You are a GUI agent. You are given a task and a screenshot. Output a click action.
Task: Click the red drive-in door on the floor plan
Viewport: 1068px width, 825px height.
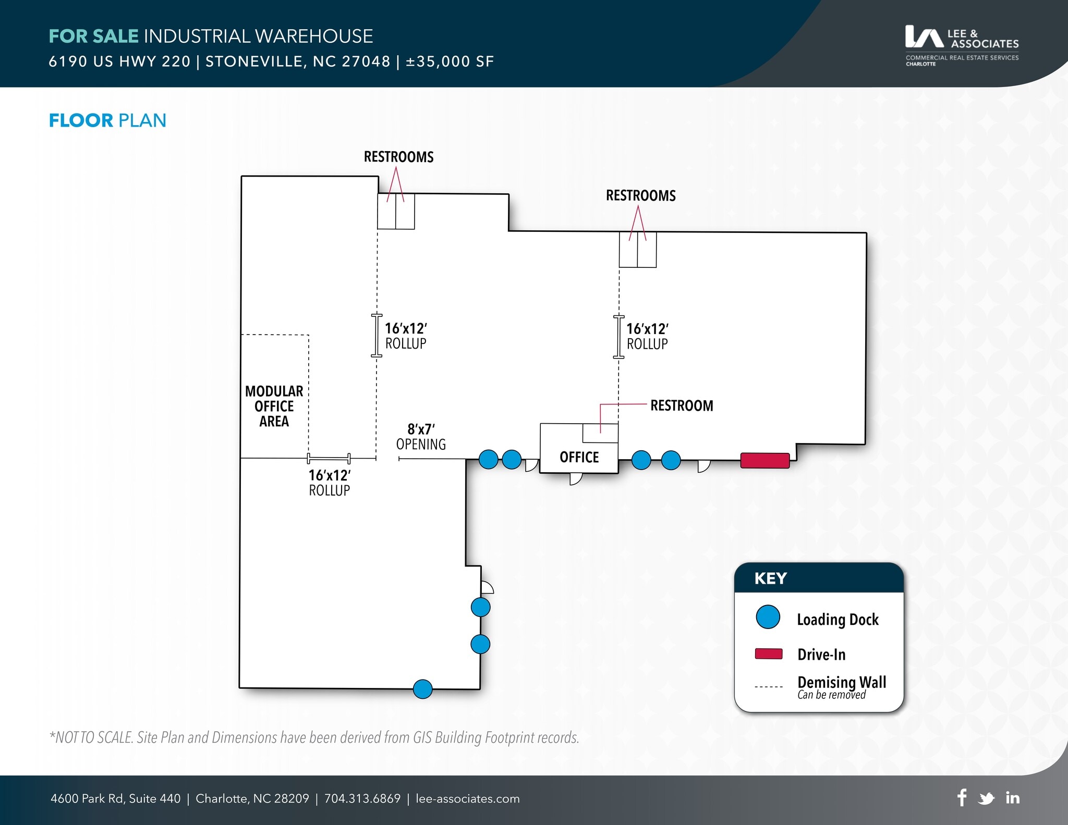tap(764, 461)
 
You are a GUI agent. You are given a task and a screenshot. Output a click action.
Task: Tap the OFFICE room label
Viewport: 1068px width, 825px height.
tap(579, 457)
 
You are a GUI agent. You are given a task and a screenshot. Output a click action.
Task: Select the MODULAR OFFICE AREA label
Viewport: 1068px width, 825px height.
tap(274, 406)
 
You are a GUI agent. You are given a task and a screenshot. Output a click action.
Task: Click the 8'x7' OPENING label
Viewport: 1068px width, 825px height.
tap(421, 437)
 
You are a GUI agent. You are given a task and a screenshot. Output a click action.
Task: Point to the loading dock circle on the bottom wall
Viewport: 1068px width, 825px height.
tap(422, 689)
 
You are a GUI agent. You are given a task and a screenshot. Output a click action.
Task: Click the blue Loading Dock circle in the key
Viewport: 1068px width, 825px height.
tap(768, 617)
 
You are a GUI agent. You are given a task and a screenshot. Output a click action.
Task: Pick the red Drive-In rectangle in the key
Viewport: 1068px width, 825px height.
tap(768, 654)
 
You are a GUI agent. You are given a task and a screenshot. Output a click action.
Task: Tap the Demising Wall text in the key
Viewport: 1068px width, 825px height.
tap(841, 682)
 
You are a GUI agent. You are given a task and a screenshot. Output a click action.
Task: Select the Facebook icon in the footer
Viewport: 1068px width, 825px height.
tap(962, 797)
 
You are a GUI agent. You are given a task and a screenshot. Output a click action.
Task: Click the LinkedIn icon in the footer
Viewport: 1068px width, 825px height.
tap(1012, 798)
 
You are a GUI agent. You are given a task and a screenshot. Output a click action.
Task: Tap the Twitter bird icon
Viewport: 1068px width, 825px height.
tap(986, 798)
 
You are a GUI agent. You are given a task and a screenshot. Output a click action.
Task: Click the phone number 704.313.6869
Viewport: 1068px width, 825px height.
tap(362, 798)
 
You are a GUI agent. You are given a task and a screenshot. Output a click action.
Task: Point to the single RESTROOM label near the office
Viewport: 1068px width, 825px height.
tap(681, 405)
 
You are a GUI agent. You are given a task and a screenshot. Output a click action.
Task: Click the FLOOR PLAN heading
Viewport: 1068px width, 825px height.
tap(107, 120)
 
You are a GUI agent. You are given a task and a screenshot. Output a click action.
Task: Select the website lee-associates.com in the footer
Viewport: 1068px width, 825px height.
tap(467, 798)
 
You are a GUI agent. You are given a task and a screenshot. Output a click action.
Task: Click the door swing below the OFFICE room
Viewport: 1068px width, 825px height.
tap(575, 478)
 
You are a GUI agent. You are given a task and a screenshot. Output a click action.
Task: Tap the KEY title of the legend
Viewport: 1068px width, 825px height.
tap(770, 578)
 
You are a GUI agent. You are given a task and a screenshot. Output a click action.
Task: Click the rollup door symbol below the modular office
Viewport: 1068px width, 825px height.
tap(329, 459)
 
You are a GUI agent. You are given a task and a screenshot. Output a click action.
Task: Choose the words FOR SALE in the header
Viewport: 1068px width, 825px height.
tap(93, 36)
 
